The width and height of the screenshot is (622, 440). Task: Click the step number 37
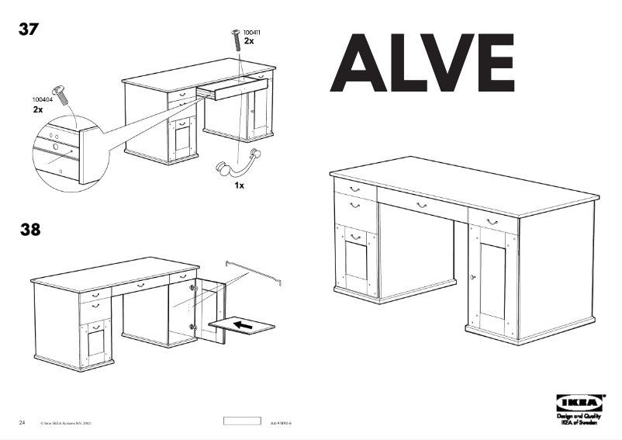29,30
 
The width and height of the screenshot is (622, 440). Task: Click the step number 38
29,230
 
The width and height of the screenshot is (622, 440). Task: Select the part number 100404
43,100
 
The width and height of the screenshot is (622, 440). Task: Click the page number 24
22,422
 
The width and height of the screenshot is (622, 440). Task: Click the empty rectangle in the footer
242,421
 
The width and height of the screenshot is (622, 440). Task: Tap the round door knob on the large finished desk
472,277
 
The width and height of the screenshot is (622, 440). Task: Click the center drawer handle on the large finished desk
421,205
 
